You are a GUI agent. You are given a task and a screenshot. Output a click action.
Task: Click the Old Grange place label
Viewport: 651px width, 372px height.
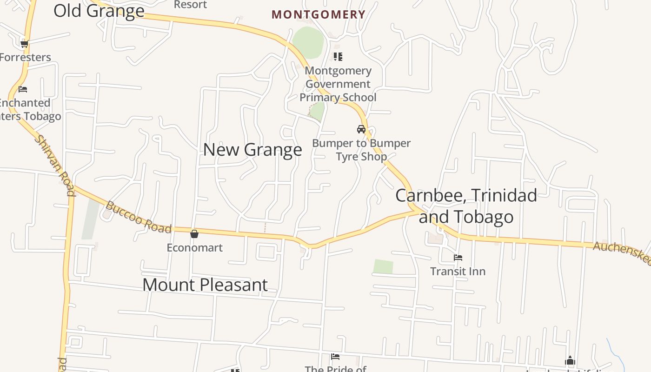pyautogui.click(x=99, y=10)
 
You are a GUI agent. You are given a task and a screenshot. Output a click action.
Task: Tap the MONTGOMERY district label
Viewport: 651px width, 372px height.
pyautogui.click(x=319, y=14)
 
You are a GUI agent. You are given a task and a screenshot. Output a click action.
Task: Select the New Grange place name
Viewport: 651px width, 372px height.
pyautogui.click(x=252, y=150)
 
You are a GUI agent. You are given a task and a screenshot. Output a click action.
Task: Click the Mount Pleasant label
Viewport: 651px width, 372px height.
pyautogui.click(x=205, y=285)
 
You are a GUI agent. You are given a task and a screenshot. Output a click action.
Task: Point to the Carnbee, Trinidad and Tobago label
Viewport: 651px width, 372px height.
pyautogui.click(x=466, y=206)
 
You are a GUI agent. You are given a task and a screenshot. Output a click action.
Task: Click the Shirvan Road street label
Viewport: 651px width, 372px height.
pyautogui.click(x=55, y=166)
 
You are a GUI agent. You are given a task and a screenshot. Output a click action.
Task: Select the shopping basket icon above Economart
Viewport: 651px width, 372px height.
pyautogui.click(x=194, y=233)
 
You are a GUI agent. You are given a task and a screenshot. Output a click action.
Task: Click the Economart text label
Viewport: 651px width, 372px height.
pyautogui.click(x=195, y=247)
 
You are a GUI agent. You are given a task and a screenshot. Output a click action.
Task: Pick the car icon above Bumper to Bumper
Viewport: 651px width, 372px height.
pyautogui.click(x=361, y=129)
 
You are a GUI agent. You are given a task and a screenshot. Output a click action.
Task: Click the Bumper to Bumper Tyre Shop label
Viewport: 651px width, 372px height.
pyautogui.click(x=361, y=150)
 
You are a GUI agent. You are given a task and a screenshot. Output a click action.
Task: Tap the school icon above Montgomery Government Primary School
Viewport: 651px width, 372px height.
pyautogui.click(x=338, y=57)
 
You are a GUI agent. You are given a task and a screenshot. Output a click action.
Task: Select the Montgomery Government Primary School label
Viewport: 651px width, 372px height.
pyautogui.click(x=338, y=84)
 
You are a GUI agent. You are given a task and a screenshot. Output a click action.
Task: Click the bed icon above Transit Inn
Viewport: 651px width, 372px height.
pyautogui.click(x=458, y=258)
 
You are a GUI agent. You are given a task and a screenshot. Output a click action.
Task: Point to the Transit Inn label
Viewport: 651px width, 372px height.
pyautogui.click(x=458, y=271)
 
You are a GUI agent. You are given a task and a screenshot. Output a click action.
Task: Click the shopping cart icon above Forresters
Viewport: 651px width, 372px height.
pyautogui.click(x=24, y=44)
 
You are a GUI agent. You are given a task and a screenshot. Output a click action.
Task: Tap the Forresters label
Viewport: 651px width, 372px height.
pyautogui.click(x=25, y=57)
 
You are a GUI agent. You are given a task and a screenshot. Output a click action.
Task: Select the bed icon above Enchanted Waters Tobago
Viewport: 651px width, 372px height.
pyautogui.click(x=23, y=89)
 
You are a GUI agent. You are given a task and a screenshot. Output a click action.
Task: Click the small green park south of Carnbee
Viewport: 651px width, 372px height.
pyautogui.click(x=383, y=267)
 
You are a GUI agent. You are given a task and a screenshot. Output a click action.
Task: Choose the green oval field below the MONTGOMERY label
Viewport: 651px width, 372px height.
pyautogui.click(x=308, y=42)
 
